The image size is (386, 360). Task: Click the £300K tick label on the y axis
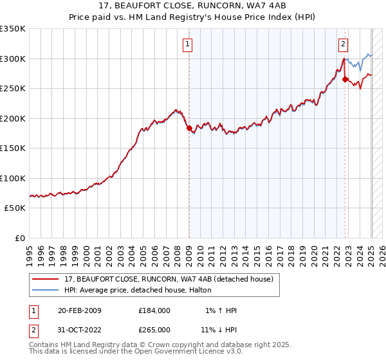point(13,59)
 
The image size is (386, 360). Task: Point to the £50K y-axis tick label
point(15,208)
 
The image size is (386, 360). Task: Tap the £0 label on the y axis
point(21,239)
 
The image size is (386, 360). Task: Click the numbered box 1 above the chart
point(187,44)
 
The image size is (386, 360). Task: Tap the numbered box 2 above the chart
point(343,44)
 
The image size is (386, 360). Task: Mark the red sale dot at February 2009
point(189,129)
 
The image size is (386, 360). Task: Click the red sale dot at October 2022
point(345,80)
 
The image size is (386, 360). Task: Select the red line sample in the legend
point(46,279)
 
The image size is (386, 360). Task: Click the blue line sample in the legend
point(46,290)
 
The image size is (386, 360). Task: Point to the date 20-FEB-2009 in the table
point(80,310)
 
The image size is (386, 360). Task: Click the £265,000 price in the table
point(154,329)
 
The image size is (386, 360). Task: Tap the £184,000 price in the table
point(154,310)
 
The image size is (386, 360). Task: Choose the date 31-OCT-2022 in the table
point(80,329)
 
